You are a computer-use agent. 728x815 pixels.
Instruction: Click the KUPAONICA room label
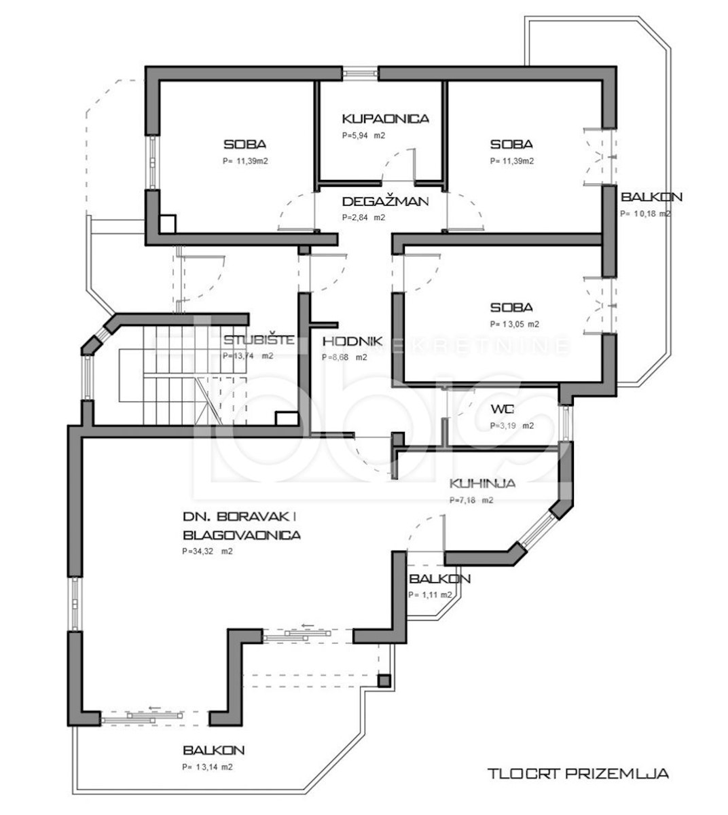385,119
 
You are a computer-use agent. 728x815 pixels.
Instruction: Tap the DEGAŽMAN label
385,201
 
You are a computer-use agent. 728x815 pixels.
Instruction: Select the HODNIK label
352,342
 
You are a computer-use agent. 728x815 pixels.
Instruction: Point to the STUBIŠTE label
259,340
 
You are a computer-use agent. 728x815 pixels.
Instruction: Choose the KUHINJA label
482,483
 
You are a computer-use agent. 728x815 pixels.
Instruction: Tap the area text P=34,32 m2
207,551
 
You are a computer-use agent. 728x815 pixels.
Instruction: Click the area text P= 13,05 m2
515,324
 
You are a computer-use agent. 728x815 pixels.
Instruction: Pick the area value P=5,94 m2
363,136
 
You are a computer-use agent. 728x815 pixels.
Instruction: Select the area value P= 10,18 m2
645,214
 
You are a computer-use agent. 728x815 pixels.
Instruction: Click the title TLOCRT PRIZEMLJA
578,773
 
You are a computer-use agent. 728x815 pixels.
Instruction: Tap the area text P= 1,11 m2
430,594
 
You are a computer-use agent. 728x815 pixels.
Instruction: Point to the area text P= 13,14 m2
207,767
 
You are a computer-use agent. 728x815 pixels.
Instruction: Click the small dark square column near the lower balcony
384,681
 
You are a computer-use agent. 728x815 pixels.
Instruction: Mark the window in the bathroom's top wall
361,73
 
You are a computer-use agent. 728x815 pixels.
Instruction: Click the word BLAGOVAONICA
242,535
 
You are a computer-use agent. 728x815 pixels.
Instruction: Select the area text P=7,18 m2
471,500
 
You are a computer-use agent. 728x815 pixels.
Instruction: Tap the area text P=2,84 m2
363,217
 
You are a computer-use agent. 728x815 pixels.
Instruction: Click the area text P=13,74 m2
248,356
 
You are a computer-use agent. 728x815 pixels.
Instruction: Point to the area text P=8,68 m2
344,357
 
